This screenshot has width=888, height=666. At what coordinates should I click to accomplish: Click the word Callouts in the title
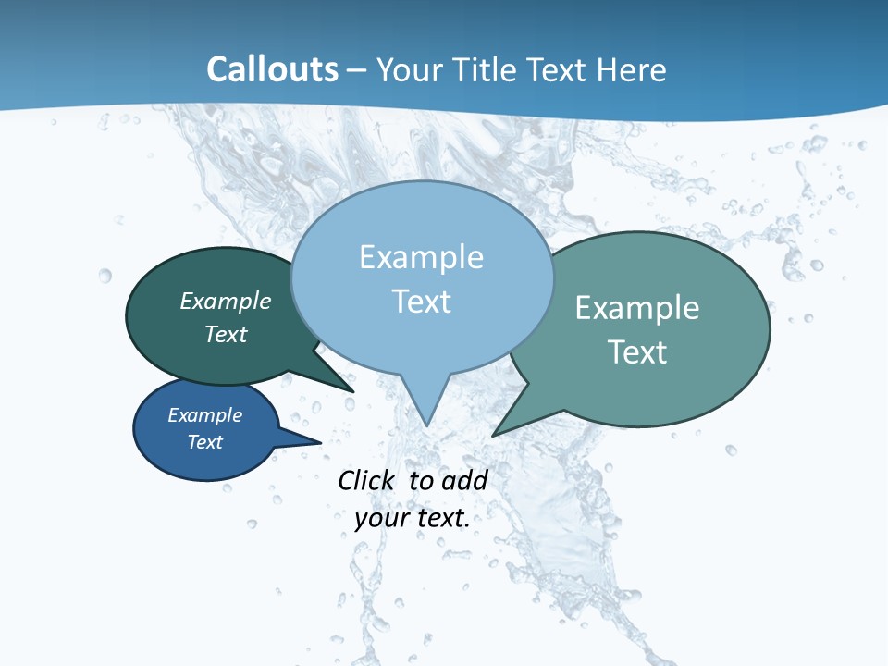click(x=272, y=69)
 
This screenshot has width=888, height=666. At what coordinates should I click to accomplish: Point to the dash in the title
click(x=357, y=70)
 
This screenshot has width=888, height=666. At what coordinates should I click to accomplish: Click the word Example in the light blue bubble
click(x=421, y=257)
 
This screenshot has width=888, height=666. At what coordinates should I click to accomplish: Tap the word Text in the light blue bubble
click(x=421, y=302)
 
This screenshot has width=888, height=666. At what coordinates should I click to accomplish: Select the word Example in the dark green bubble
click(x=226, y=301)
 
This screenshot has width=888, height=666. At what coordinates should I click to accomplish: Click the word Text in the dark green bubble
click(x=226, y=334)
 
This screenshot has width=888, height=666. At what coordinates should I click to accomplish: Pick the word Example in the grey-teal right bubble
click(x=637, y=308)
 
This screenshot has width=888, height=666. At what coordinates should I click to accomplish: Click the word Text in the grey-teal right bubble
click(x=637, y=351)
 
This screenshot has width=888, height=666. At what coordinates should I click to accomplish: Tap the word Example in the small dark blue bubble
click(x=205, y=415)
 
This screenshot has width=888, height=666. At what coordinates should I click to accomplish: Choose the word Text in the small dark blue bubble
click(x=205, y=442)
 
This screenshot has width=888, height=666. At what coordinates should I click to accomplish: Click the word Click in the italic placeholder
click(x=365, y=480)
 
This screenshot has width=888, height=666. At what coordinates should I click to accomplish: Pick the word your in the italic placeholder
click(x=381, y=518)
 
